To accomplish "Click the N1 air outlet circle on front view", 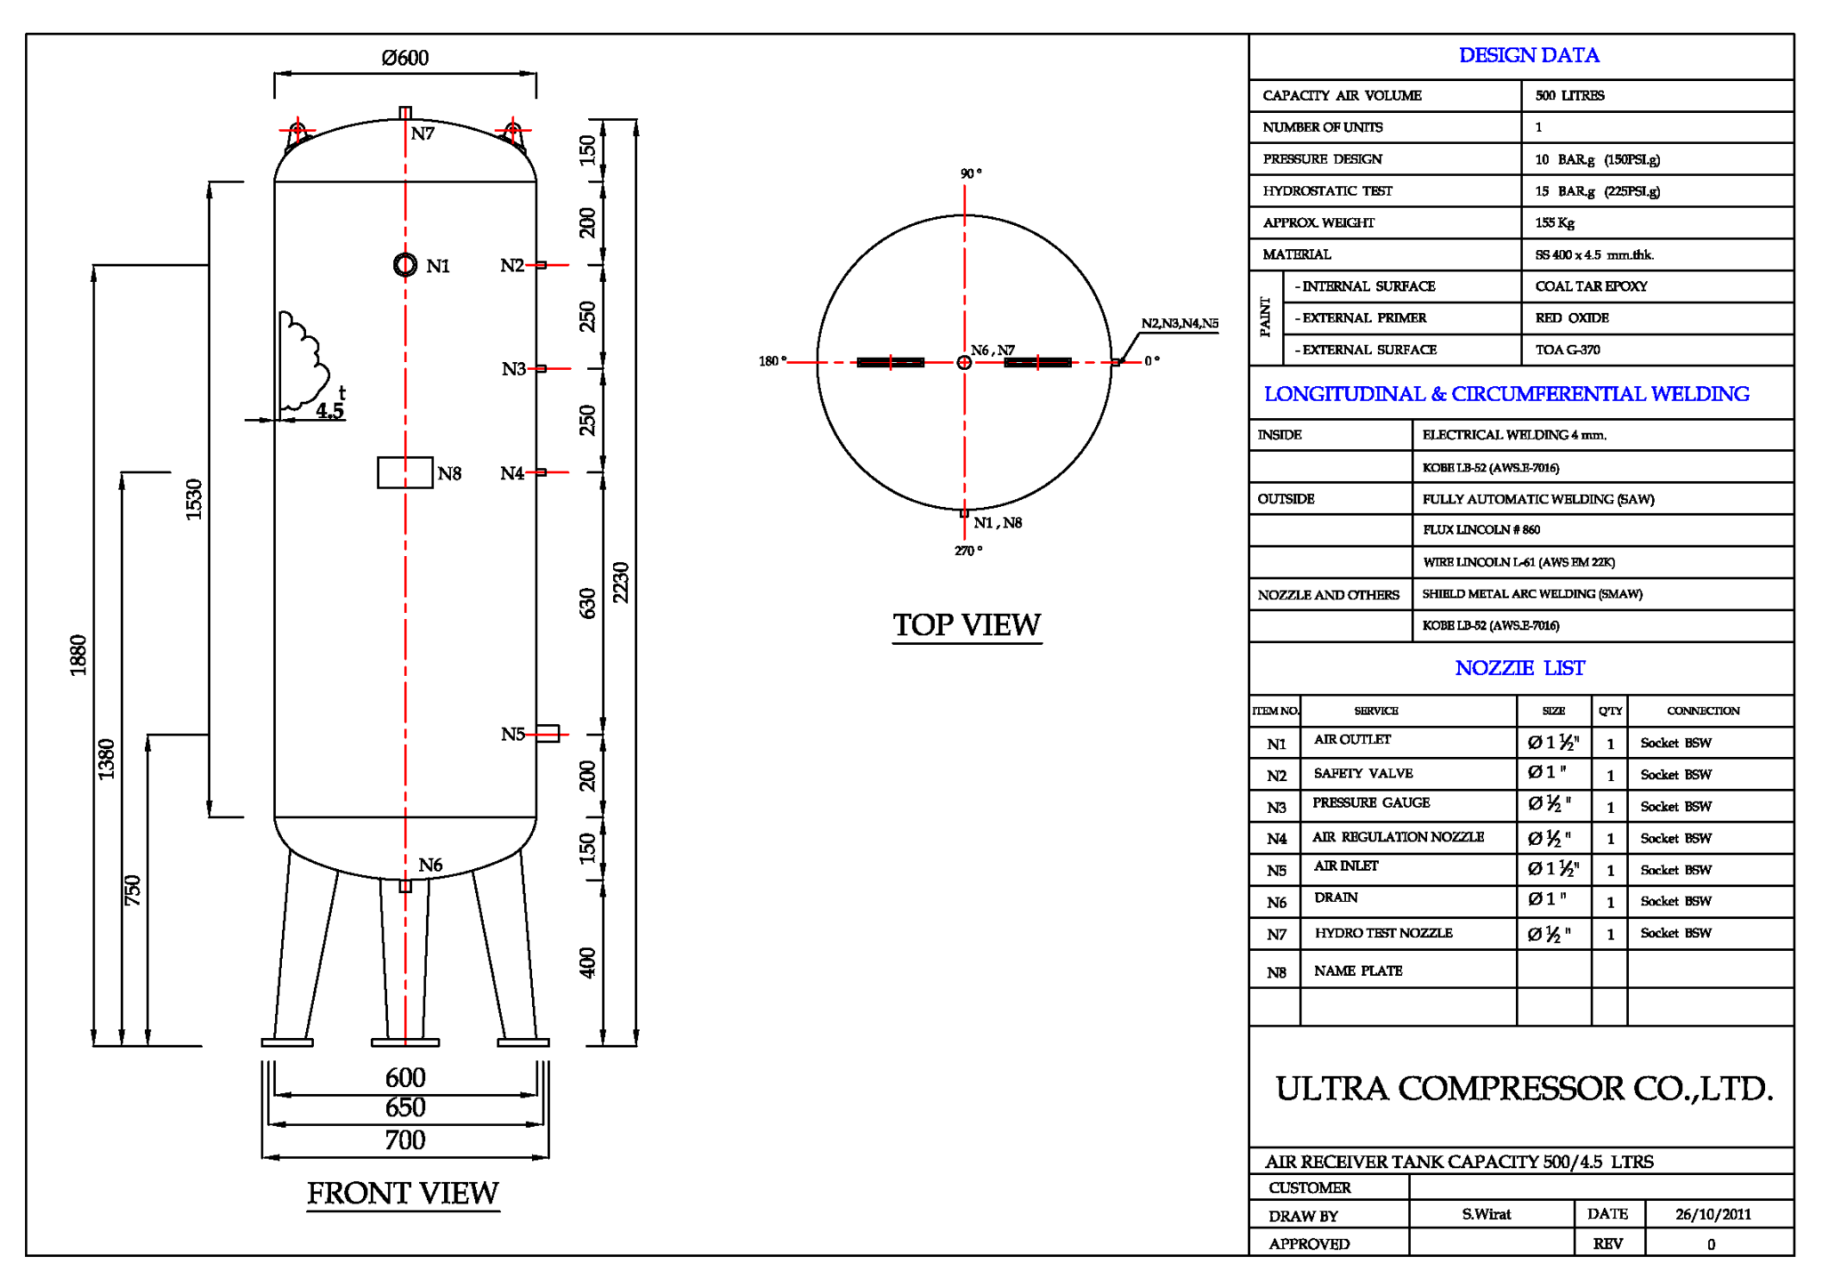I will click(405, 264).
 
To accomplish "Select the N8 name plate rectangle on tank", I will click(405, 472).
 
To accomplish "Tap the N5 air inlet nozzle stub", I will click(547, 734).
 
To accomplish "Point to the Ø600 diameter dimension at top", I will click(405, 58).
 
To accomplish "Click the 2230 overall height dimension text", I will click(621, 583).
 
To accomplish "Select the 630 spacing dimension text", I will click(588, 603).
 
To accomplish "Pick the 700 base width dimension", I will click(405, 1139).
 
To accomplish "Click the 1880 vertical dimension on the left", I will click(78, 655).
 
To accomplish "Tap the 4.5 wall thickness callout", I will click(329, 410).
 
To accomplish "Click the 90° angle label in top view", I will click(971, 173).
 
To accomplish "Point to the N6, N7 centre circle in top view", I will click(963, 362).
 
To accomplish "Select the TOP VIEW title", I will click(966, 624).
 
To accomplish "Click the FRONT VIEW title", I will click(402, 1193).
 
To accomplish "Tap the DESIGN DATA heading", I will click(1528, 55).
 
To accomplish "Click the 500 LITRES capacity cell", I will click(1569, 95).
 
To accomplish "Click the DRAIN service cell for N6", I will click(1335, 898).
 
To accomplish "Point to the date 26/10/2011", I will click(1713, 1214).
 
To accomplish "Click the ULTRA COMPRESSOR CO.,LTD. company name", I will click(1523, 1089).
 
